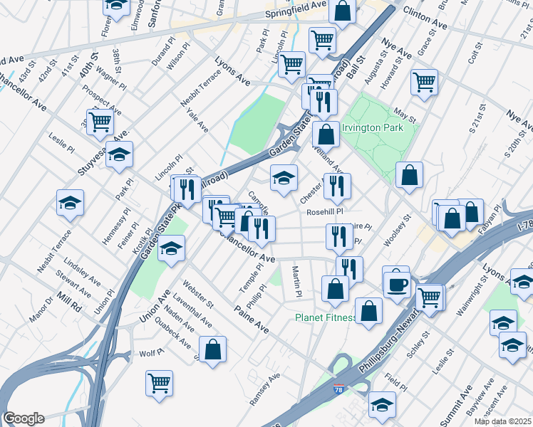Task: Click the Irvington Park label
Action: pos(373,128)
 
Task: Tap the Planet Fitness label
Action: pos(326,317)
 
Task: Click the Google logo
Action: pos(24,418)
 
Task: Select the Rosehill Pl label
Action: pos(325,211)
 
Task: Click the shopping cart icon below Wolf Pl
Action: pos(160,382)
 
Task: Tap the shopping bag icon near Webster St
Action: pos(212,349)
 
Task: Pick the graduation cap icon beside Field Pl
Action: pos(382,404)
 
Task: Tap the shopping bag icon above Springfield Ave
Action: pos(343,11)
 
